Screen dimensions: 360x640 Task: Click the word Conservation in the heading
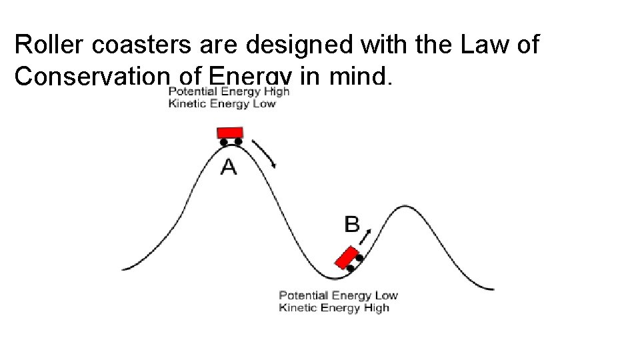[90, 77]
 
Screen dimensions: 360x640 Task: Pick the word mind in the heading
[357, 77]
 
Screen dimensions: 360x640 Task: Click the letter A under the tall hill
[229, 166]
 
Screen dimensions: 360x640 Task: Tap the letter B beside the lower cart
[352, 225]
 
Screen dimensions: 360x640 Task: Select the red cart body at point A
[231, 132]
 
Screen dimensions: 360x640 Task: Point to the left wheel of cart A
[223, 142]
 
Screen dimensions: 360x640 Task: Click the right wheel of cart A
[238, 141]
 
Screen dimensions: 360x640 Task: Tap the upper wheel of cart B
[359, 258]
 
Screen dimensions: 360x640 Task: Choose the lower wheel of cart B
[350, 268]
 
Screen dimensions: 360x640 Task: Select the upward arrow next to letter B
[367, 235]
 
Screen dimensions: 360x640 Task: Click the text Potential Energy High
[229, 92]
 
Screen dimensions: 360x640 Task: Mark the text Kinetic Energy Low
[222, 104]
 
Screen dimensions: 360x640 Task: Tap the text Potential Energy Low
[338, 295]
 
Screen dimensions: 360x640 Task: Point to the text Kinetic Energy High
[334, 308]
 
